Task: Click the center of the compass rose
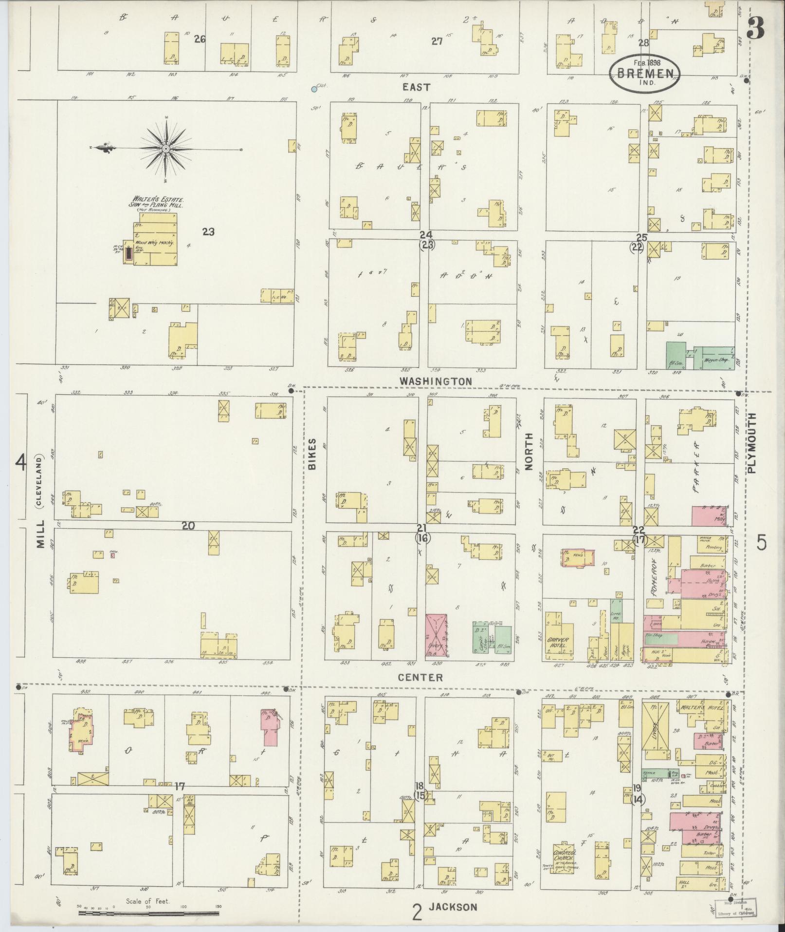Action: (x=166, y=148)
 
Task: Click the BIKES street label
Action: (x=311, y=454)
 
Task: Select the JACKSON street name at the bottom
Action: (x=453, y=907)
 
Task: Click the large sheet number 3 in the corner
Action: (x=756, y=28)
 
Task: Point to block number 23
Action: (x=208, y=232)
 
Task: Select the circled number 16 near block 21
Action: (x=422, y=538)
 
